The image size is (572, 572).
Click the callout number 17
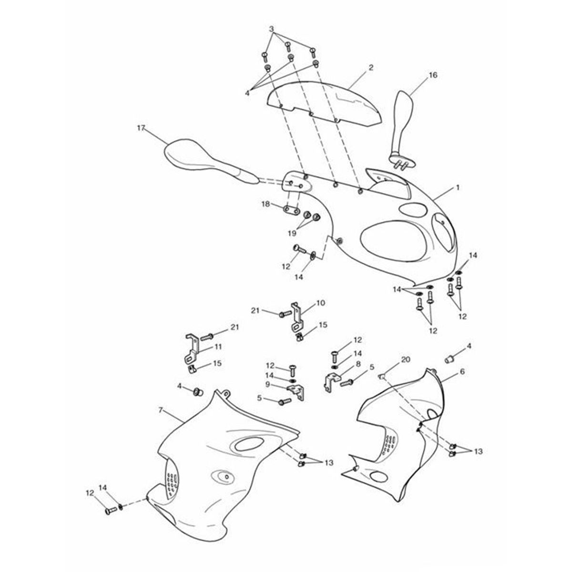(141, 128)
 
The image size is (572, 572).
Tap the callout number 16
(433, 75)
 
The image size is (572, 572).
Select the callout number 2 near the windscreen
(370, 67)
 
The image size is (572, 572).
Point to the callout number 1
(458, 187)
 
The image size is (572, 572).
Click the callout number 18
(266, 204)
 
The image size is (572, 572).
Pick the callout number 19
(292, 233)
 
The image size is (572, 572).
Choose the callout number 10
(321, 303)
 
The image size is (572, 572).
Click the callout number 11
(218, 347)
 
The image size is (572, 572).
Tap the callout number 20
(406, 359)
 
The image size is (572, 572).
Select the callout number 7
(161, 410)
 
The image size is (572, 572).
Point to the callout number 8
(358, 364)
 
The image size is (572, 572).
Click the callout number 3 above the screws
(271, 29)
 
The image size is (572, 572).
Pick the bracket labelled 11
(192, 350)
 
